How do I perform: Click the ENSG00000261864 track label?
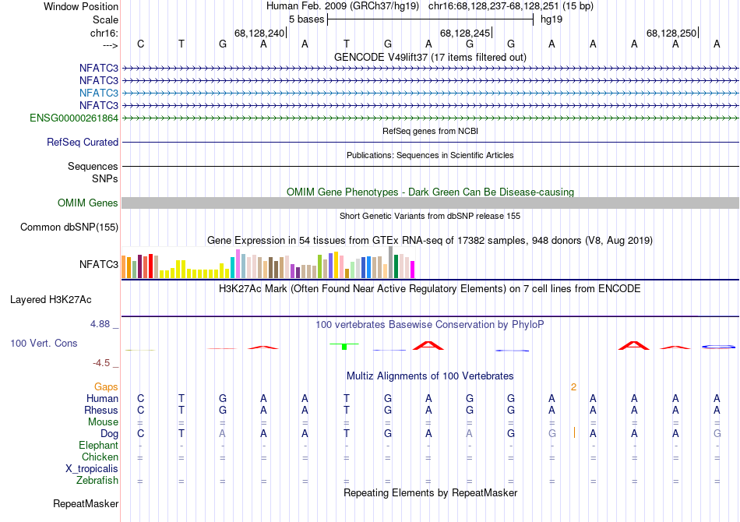point(74,118)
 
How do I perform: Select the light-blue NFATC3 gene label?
point(99,93)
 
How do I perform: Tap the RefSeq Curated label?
point(83,143)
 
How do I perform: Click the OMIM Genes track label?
point(88,203)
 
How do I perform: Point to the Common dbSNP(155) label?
point(70,227)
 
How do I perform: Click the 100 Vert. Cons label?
point(44,343)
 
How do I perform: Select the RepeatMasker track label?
point(86,504)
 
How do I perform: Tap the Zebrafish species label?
point(97,481)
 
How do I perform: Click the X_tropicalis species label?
point(92,469)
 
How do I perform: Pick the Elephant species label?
point(99,446)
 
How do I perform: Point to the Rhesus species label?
point(102,411)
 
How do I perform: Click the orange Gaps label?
point(106,386)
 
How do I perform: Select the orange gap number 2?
point(573,386)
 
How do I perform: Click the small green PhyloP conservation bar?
point(344,347)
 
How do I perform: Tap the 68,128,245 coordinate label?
point(465,33)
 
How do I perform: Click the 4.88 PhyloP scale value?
point(102,323)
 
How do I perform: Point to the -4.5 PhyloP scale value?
point(102,363)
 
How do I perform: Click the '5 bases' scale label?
point(306,18)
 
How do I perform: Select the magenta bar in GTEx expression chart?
point(412,269)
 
